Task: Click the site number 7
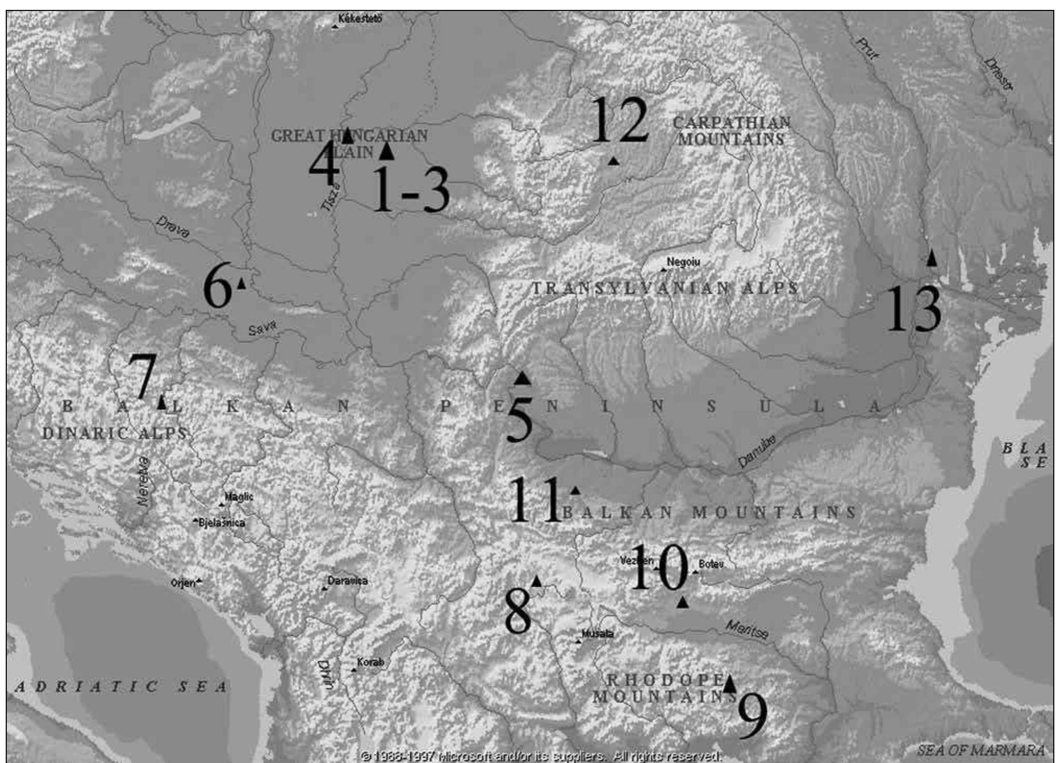coord(142,376)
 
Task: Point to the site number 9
coord(753,717)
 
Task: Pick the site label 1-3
coord(411,191)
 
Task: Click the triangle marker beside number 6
coord(242,283)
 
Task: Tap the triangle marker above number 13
coord(932,258)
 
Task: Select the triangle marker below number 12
coord(613,161)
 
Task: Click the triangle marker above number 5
coord(522,378)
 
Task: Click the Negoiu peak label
coord(683,262)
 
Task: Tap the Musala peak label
coord(597,634)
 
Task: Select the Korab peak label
coord(370,662)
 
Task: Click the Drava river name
coord(173,228)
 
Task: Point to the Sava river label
coord(262,329)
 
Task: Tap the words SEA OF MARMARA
coord(981,750)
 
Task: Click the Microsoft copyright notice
coord(541,756)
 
